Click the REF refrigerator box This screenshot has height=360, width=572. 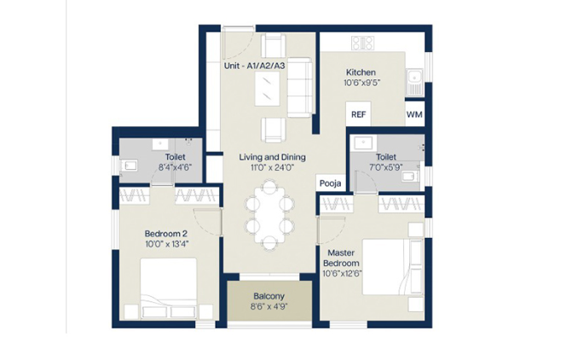pos(358,114)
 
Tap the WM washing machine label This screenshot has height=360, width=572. pos(414,114)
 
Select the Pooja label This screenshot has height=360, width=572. pos(330,183)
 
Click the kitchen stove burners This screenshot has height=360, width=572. pos(362,43)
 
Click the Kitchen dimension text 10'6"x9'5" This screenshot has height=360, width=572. pos(361,83)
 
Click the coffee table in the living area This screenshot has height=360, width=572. pos(268,89)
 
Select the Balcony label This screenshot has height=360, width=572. pos(269,296)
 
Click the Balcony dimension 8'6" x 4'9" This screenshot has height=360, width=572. pos(269,307)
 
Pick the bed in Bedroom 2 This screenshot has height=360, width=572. pos(169,288)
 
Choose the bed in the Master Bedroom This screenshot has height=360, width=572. pos(392,267)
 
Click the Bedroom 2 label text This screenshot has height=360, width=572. pos(166,234)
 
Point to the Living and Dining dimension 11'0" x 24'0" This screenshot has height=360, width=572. pos(272,167)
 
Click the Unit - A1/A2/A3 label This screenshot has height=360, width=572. pos(254,66)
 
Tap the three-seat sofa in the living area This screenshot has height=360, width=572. pos(300,87)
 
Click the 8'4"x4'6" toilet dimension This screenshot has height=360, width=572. pos(175,167)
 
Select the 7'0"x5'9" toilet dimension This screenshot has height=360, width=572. pos(386,167)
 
